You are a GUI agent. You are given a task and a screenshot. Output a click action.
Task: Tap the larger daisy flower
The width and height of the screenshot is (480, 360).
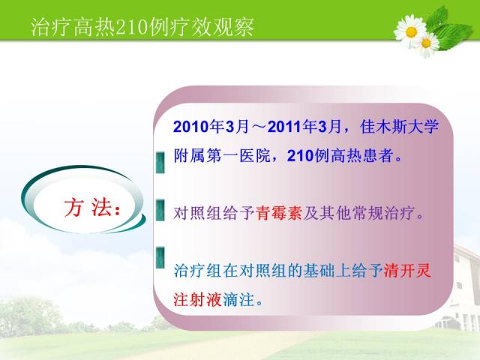point(410,31)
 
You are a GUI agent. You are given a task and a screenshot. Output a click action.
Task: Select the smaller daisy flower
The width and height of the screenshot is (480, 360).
point(426,43)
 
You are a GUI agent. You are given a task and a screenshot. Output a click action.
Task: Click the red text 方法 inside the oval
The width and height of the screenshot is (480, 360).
point(91,208)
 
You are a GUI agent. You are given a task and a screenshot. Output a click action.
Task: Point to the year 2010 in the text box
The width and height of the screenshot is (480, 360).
point(192,126)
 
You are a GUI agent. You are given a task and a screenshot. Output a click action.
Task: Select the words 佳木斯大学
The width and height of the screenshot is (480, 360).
point(400,126)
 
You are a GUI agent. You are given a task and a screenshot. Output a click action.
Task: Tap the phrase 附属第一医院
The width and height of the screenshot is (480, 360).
point(222,155)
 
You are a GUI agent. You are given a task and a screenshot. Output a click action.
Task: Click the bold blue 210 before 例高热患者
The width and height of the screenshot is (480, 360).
point(301,155)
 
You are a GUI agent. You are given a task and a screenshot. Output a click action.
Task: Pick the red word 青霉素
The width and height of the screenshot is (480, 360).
point(278,213)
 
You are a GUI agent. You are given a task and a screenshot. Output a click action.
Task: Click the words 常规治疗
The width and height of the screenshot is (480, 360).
point(383,213)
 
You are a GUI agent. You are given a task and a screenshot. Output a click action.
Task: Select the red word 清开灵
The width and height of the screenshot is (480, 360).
point(406,271)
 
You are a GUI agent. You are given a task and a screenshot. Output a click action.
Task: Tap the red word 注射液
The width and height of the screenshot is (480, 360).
point(197,299)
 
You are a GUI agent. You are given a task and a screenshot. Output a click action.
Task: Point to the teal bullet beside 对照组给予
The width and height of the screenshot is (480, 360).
point(160,210)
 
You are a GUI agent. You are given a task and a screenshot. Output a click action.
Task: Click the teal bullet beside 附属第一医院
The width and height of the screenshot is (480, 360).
point(160,163)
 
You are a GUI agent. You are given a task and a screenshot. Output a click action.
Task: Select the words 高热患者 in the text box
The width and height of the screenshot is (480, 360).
point(362,155)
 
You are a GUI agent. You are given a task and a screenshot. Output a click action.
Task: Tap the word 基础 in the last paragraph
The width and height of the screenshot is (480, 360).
point(319,271)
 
